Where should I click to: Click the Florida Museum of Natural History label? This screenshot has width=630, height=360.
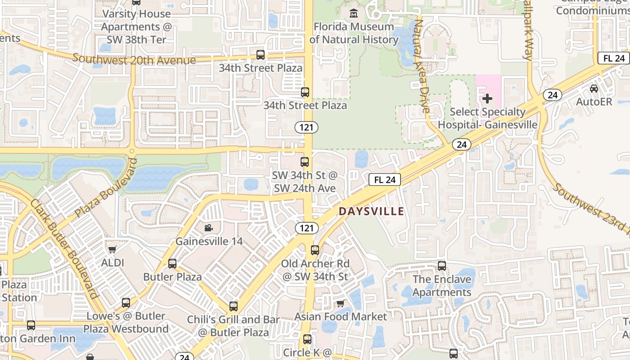pyautogui.click(x=354, y=33)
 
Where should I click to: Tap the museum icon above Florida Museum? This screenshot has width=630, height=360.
pyautogui.click(x=354, y=13)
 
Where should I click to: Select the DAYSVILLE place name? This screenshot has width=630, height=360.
pyautogui.click(x=371, y=211)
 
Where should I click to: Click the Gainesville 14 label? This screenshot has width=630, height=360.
pyautogui.click(x=209, y=241)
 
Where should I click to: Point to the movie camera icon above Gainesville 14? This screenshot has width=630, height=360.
pyautogui.click(x=208, y=228)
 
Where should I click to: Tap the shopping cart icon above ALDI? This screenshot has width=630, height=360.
pyautogui.click(x=112, y=249)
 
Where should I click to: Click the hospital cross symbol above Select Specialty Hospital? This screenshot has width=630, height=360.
pyautogui.click(x=487, y=98)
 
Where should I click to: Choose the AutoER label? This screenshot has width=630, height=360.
pyautogui.click(x=594, y=102)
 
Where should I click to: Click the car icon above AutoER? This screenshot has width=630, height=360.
pyautogui.click(x=594, y=89)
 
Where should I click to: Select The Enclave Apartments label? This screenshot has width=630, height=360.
pyautogui.click(x=441, y=286)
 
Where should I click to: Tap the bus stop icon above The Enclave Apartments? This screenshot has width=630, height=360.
pyautogui.click(x=442, y=266)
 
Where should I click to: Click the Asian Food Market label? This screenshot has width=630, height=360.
pyautogui.click(x=341, y=317)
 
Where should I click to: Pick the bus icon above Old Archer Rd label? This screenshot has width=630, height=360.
pyautogui.click(x=315, y=250)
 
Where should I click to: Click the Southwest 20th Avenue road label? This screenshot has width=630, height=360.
pyautogui.click(x=134, y=59)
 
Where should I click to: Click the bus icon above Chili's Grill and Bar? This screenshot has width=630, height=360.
pyautogui.click(x=233, y=306)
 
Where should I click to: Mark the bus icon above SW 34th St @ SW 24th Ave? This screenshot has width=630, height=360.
pyautogui.click(x=305, y=162)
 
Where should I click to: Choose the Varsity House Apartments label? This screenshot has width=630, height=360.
pyautogui.click(x=136, y=27)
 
